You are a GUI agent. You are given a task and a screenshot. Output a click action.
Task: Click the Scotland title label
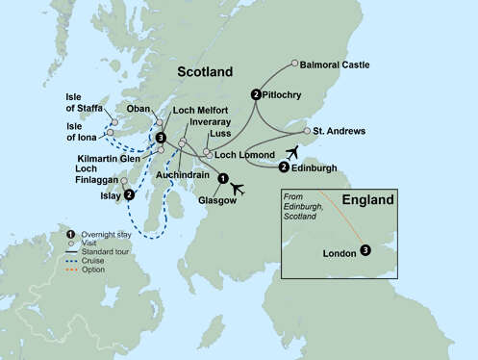205,73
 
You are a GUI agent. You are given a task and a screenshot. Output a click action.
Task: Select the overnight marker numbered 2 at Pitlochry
256,94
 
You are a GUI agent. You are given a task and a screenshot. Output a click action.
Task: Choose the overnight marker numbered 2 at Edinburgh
283,167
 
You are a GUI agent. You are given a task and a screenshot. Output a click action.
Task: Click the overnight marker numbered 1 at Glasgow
223,178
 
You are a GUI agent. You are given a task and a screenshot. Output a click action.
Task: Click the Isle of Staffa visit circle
114,122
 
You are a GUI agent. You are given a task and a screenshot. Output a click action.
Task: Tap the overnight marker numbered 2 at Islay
130,193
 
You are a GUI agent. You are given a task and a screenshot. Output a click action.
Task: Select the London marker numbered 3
365,251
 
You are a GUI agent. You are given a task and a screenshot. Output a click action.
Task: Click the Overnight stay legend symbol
69,235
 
